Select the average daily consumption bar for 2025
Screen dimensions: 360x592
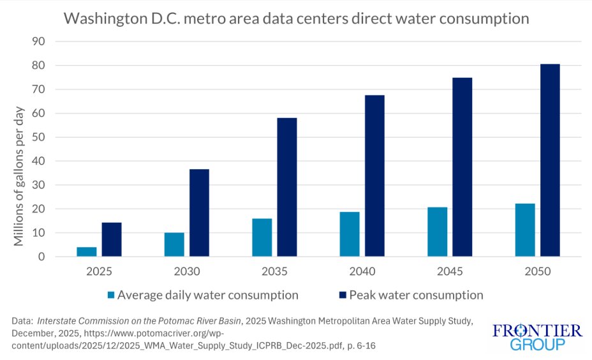click(87, 251)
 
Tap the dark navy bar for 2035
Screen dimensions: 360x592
click(286, 187)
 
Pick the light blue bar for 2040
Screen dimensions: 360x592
click(350, 234)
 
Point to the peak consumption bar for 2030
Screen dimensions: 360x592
click(199, 213)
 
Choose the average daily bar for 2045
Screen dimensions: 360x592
click(438, 232)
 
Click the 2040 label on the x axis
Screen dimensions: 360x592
click(362, 271)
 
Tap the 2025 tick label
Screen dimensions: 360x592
click(99, 271)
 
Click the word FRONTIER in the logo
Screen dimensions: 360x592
click(538, 331)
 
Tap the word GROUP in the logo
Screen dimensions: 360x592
click(538, 345)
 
